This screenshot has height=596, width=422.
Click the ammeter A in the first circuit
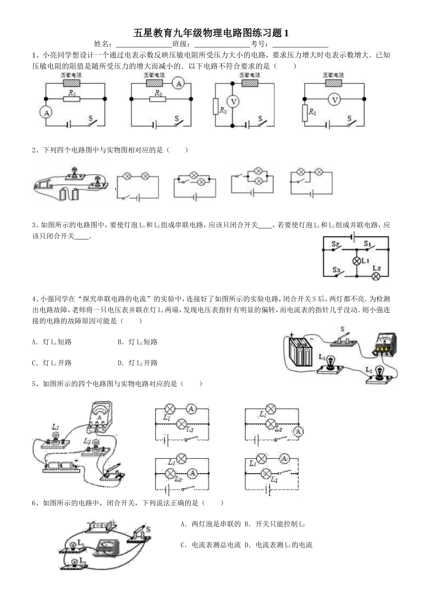point(46,113)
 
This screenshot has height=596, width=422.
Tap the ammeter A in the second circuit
point(178,83)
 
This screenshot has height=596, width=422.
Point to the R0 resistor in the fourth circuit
point(305,113)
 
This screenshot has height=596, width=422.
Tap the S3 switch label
point(336,270)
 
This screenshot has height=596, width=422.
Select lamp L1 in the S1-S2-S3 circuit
point(356,261)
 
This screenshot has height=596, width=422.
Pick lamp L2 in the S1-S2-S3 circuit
point(376,276)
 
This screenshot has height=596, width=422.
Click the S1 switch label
point(367,243)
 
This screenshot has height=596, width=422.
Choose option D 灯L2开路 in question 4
point(138,363)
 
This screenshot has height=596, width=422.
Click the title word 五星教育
point(153,33)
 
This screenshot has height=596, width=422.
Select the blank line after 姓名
point(143,44)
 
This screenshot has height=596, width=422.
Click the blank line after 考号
point(300,44)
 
